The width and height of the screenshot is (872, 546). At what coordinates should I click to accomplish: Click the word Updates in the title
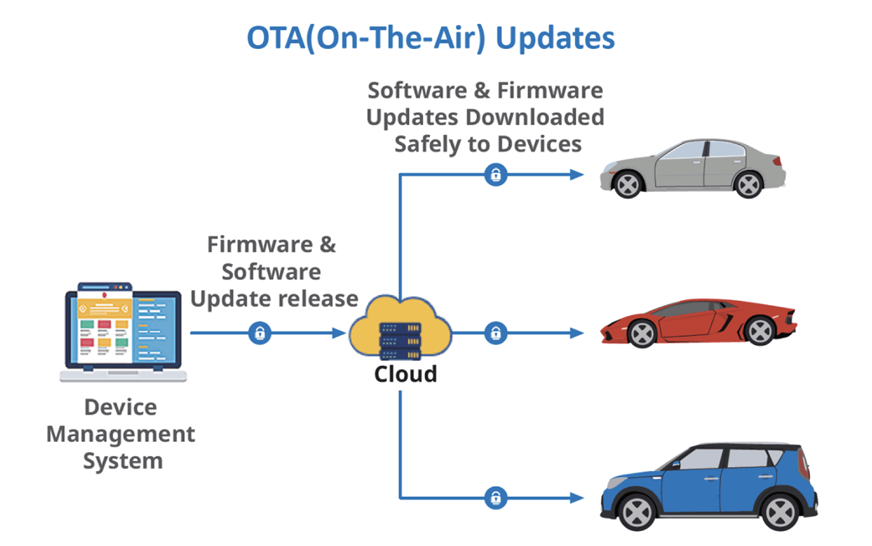(x=555, y=39)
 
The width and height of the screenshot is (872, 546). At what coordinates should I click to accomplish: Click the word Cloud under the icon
(x=405, y=374)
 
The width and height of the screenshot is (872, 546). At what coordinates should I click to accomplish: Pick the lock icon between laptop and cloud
(x=260, y=334)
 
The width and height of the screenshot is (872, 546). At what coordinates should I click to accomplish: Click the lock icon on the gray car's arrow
(x=496, y=175)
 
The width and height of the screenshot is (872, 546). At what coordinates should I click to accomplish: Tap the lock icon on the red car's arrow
(x=496, y=334)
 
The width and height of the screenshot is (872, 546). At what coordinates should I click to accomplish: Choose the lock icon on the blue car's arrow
(x=496, y=497)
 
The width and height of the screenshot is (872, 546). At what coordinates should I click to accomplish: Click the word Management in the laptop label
(x=121, y=434)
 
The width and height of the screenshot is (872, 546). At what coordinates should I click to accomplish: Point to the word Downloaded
(x=535, y=117)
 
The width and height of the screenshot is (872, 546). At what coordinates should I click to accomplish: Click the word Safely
(x=434, y=144)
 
